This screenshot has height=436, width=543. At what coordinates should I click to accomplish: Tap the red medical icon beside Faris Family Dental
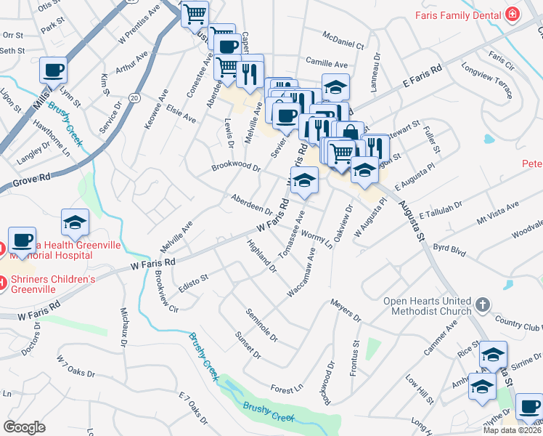(x=513, y=14)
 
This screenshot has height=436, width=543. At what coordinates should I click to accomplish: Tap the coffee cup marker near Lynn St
(x=54, y=71)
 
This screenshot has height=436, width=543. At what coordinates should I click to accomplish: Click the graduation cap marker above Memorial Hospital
(x=75, y=224)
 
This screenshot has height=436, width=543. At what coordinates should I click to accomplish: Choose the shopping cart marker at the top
(x=195, y=15)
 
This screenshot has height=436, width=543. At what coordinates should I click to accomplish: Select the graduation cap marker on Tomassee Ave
(x=304, y=181)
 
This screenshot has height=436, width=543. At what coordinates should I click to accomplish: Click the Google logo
(x=24, y=427)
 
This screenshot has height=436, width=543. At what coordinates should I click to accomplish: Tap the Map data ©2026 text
(x=512, y=429)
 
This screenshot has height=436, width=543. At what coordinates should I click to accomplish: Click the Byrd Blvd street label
(x=449, y=249)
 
